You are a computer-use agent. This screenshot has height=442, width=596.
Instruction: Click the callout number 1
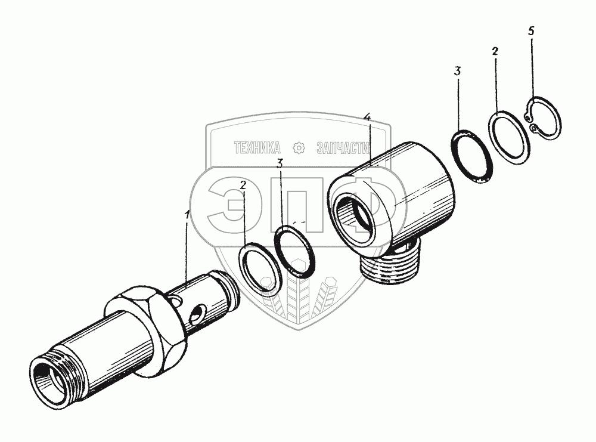pyautogui.click(x=187, y=216)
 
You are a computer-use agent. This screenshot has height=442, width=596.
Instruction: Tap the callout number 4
pyautogui.click(x=367, y=117)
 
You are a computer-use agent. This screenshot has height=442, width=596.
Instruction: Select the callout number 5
pyautogui.click(x=531, y=31)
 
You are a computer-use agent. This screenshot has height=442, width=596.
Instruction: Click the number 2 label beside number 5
pyautogui.click(x=495, y=51)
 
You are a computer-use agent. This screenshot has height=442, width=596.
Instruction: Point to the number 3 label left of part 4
pyautogui.click(x=280, y=164)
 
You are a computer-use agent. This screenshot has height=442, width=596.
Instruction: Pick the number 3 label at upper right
pyautogui.click(x=457, y=71)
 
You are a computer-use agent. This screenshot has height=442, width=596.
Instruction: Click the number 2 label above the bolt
pyautogui.click(x=243, y=186)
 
